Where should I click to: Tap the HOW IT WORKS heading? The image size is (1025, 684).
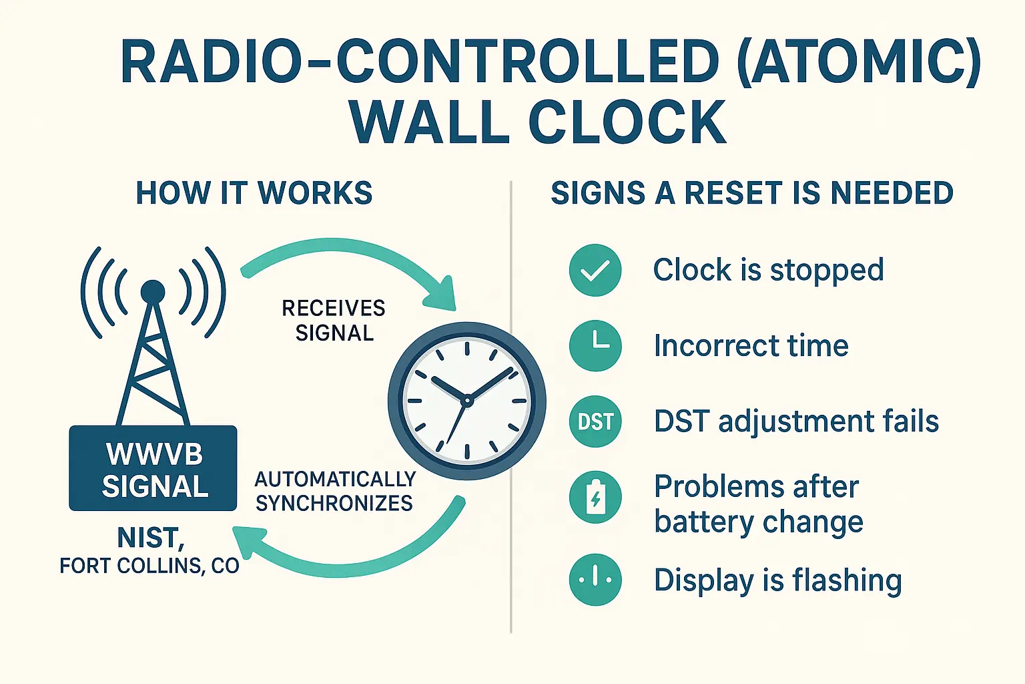point(254,193)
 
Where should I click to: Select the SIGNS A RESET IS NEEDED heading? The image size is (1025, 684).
point(752,193)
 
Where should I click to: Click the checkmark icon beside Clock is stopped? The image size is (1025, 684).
point(595,271)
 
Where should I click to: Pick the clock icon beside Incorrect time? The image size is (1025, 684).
point(595,345)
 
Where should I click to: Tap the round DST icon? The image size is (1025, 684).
point(595,421)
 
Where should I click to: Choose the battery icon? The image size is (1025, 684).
point(595,498)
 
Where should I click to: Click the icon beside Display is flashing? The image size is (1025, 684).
point(595,580)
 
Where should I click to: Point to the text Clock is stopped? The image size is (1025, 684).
point(768,271)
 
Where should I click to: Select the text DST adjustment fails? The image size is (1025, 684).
point(796,421)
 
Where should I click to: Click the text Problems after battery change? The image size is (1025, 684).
point(758,504)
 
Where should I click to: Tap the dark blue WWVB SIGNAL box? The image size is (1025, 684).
point(153,469)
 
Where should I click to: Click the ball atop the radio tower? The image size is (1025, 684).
point(153,291)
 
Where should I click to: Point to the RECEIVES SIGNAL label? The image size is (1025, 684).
point(334,321)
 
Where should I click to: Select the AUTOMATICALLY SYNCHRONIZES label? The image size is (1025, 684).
point(335,491)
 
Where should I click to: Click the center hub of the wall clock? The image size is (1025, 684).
point(467,401)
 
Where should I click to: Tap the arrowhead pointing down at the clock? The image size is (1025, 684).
point(440,298)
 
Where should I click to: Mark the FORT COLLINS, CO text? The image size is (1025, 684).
point(149,566)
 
